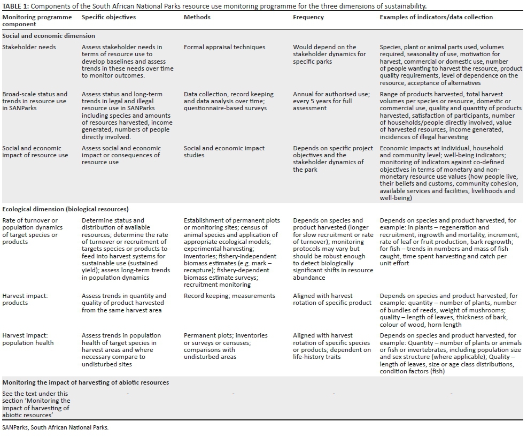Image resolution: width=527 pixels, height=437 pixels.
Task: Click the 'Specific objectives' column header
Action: click(x=108, y=17)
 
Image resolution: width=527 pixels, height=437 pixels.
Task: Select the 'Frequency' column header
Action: click(x=308, y=17)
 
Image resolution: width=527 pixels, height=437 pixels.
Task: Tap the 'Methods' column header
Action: click(x=197, y=17)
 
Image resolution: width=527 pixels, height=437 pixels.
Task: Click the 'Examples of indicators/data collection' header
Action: click(x=436, y=17)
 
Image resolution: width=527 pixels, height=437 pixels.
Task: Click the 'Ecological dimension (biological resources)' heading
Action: click(x=65, y=209)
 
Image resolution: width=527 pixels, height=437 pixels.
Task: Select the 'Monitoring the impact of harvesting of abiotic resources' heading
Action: click(x=86, y=382)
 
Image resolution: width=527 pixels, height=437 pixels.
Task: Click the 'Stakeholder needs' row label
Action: click(x=29, y=47)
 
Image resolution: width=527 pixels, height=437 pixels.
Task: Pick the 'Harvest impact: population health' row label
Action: click(x=28, y=339)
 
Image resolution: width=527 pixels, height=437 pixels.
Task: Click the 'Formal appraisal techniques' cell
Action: click(x=224, y=47)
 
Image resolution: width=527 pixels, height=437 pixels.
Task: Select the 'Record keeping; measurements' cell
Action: click(x=229, y=296)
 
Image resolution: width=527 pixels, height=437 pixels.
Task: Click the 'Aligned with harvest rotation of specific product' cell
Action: click(x=332, y=300)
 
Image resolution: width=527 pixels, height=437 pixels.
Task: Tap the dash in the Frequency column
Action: click(x=334, y=394)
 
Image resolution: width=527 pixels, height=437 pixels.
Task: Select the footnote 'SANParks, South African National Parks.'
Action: click(x=55, y=427)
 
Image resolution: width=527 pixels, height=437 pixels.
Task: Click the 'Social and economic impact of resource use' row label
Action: click(x=35, y=152)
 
